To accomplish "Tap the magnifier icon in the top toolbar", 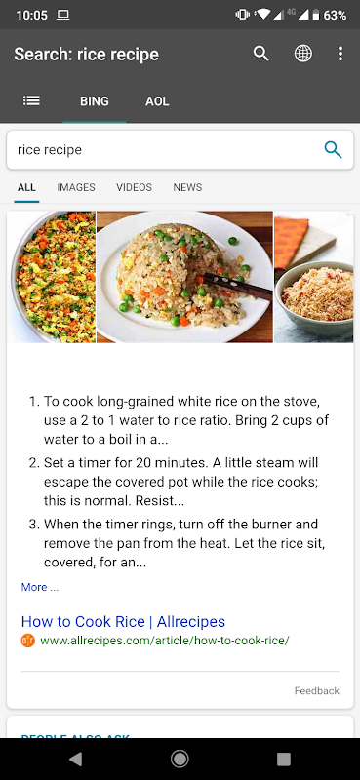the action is point(260,54).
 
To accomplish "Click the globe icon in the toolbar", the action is point(302,54).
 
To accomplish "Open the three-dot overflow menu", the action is point(340,54).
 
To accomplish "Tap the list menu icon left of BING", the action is point(31,101).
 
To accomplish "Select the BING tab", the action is point(94,101).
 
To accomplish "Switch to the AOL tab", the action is point(157,101).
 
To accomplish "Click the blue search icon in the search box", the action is point(333,149).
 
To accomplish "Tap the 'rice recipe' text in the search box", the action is point(50,150).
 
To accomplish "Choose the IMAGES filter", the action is point(76,187).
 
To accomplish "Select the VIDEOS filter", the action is point(134,187).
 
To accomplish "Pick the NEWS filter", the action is point(187,187).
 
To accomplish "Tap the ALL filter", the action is point(26,187).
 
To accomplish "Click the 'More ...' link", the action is point(39,587).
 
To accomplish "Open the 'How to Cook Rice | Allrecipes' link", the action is point(123,621).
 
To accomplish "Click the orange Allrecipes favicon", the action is point(28,641).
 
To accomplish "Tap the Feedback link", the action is point(317,690).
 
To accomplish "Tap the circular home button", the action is point(180,759).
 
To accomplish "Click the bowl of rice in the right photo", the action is point(315,297).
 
